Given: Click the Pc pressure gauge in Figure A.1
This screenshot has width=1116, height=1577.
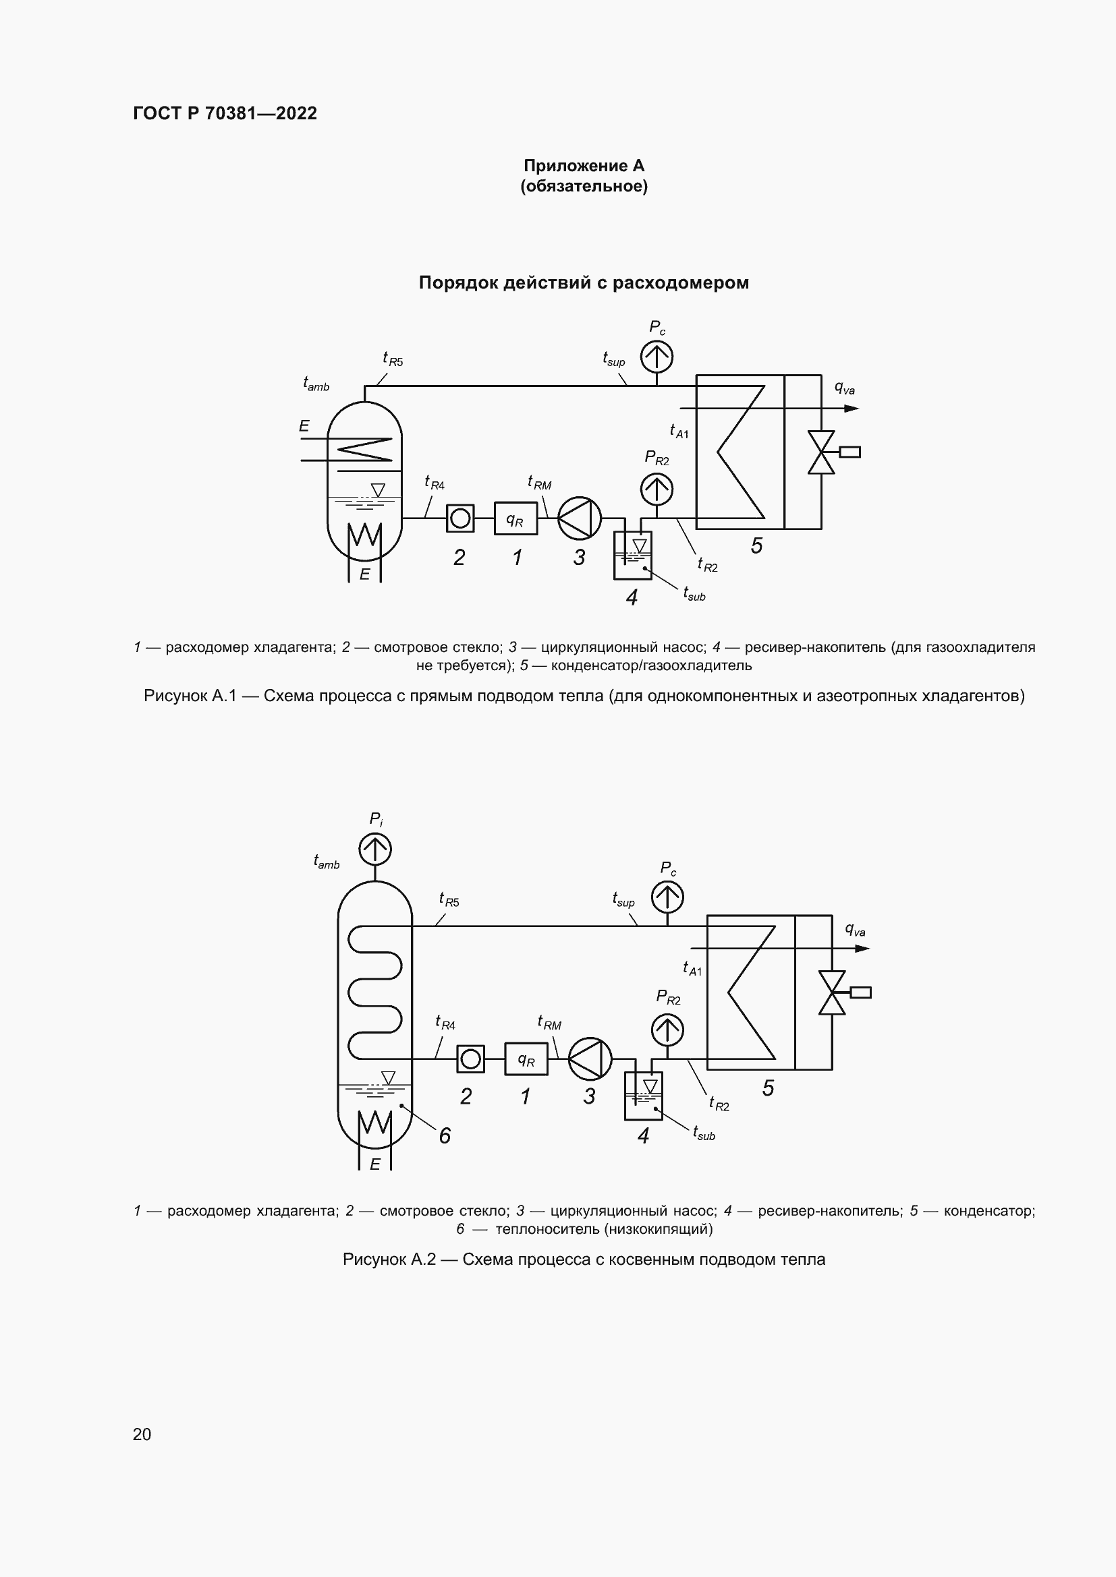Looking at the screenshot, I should click(657, 357).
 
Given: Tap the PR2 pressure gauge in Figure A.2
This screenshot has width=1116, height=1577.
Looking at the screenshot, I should click(667, 1030).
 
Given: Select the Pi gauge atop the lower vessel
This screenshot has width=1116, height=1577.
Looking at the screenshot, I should click(375, 849).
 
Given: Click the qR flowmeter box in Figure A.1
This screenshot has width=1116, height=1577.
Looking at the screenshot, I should click(515, 518).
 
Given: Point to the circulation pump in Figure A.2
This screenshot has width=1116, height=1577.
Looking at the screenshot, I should click(590, 1059).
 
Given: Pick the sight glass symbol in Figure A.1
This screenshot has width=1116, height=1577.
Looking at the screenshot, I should click(459, 518).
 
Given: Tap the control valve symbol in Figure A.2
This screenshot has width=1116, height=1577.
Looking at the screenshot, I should click(832, 992).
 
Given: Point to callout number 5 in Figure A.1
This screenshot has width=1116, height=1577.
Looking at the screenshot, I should click(756, 545).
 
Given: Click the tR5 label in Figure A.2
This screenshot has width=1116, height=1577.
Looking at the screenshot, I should click(449, 900).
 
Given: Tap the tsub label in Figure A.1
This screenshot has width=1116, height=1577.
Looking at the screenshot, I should click(694, 593).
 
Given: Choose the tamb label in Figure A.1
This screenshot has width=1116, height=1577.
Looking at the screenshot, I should click(316, 384).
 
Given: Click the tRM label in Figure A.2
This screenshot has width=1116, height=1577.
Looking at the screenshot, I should click(549, 1023).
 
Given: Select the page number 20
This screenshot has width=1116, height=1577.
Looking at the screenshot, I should click(142, 1434).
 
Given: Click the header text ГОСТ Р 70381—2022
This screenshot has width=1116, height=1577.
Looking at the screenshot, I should click(225, 113).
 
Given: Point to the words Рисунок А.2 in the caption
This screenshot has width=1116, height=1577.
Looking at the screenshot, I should click(389, 1259).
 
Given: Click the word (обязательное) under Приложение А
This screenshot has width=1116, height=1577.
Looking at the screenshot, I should click(584, 187).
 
